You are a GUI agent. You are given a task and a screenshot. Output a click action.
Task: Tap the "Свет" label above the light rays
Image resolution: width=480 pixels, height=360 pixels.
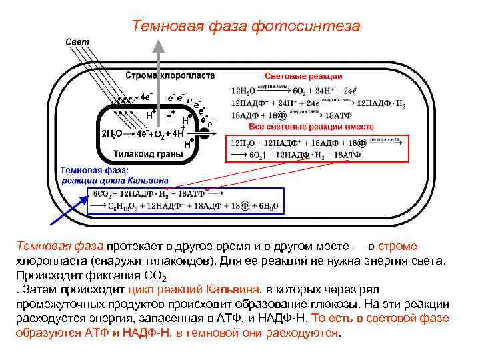(x=76, y=41)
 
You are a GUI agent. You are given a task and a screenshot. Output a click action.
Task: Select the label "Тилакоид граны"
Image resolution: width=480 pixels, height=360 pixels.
(x=147, y=154)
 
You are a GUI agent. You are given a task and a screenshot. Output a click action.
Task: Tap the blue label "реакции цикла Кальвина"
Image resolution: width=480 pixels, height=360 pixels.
(x=115, y=180)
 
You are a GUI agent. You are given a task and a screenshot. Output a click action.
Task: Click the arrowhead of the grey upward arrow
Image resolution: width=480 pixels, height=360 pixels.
(x=158, y=45)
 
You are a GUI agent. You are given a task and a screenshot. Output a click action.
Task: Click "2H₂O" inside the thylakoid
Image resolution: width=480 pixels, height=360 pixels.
(x=111, y=134)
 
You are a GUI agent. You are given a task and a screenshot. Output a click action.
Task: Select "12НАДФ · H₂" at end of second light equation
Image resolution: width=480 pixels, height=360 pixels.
(x=381, y=103)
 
